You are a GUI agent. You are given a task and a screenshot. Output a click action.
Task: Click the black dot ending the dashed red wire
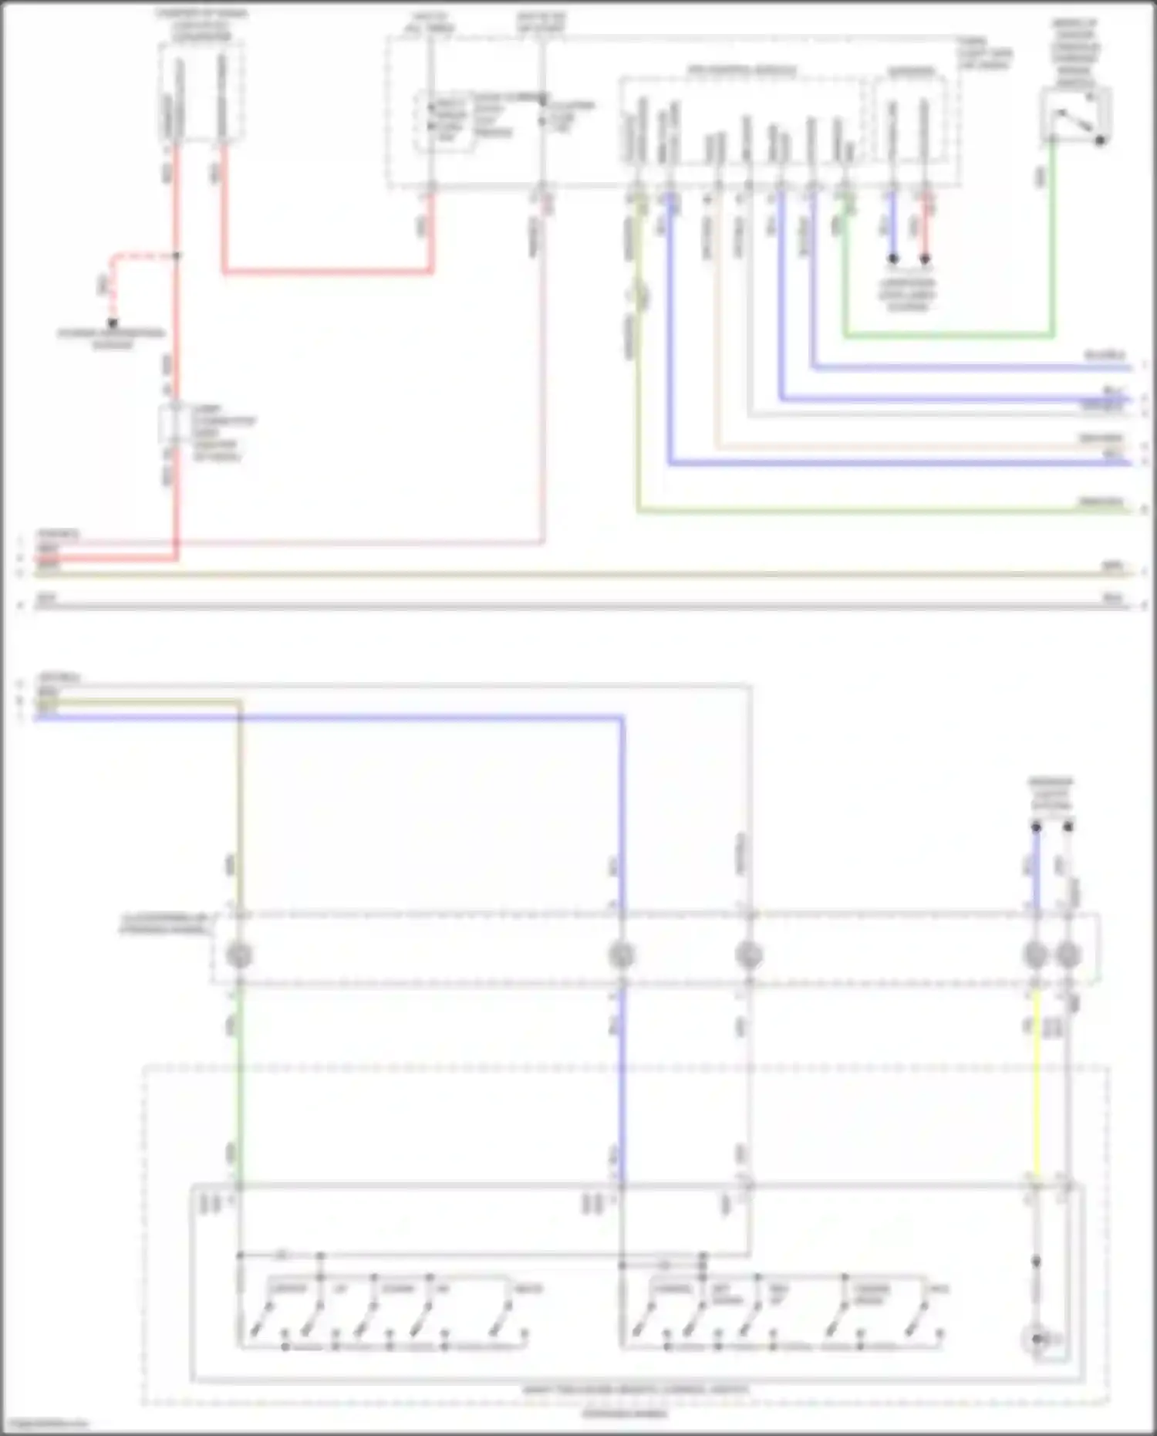click(x=113, y=323)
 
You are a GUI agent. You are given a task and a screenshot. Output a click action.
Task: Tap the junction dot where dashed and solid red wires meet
click(x=176, y=255)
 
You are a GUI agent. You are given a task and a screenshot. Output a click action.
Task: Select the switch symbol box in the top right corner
click(x=1075, y=115)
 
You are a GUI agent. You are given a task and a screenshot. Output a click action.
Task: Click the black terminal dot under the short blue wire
click(x=892, y=258)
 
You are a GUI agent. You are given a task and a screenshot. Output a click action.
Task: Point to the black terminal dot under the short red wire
click(x=925, y=258)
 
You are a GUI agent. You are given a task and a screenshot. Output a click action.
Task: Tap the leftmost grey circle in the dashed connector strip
click(x=239, y=955)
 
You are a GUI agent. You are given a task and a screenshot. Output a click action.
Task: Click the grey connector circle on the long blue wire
click(x=622, y=955)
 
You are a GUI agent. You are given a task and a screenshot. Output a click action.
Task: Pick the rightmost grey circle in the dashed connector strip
click(x=1068, y=955)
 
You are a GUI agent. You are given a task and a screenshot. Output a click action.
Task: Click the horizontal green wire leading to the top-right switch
click(x=949, y=336)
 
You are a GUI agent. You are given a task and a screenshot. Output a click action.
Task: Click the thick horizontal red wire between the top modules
click(x=328, y=272)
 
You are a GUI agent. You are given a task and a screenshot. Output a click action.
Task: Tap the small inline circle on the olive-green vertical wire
click(x=639, y=295)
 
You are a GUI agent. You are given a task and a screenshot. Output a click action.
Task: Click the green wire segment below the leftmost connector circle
click(x=239, y=1080)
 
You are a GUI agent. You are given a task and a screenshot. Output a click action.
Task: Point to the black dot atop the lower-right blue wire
click(x=1036, y=827)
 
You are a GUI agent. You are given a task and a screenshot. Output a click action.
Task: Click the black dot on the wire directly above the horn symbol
click(x=1036, y=1261)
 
